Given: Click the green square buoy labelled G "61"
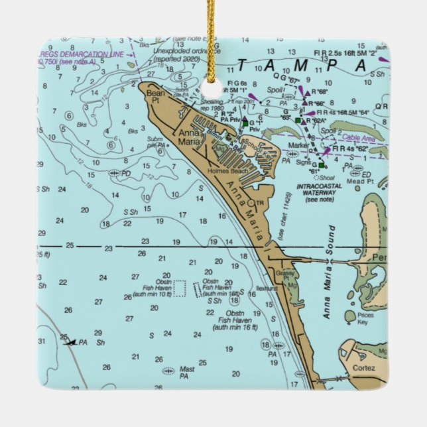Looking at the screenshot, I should (x=321, y=164).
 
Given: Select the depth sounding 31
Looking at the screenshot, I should (x=42, y=341).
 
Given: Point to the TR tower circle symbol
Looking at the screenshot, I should (x=251, y=203).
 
